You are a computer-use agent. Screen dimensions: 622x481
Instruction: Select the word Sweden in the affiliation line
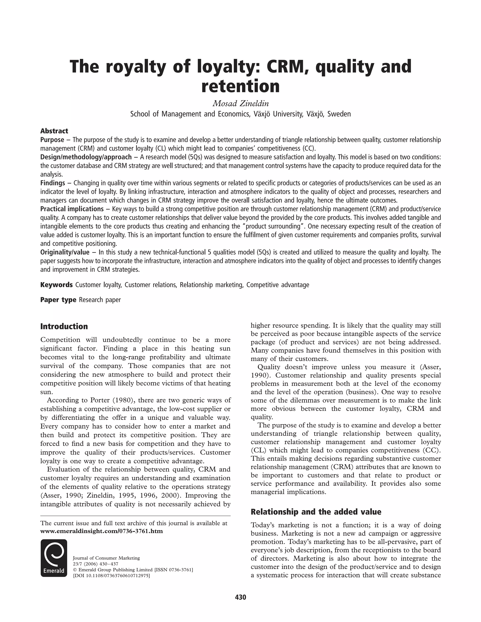(339, 114)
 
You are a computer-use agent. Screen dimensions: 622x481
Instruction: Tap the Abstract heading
(54, 131)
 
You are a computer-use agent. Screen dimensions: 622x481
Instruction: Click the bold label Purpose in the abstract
(52, 140)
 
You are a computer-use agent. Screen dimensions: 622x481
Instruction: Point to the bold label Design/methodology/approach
(86, 157)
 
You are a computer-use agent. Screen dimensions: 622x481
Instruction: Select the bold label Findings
(53, 183)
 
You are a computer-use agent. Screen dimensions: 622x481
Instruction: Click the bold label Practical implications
(72, 209)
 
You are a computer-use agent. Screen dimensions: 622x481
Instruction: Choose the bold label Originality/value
(65, 252)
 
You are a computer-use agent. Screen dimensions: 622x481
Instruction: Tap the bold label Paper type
(58, 300)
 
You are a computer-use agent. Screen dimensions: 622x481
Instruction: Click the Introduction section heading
(64, 326)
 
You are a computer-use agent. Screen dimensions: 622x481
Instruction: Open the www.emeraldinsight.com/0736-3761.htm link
(101, 531)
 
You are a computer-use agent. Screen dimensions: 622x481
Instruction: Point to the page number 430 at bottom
(240, 597)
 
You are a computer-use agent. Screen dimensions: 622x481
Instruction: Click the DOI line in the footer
(111, 576)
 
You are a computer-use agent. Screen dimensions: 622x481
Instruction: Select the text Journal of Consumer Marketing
(106, 558)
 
